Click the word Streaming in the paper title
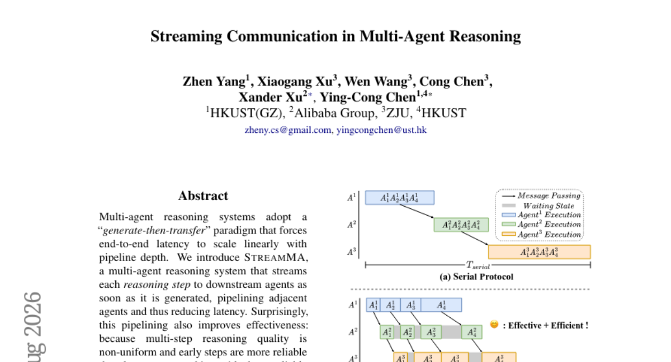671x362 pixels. coord(186,37)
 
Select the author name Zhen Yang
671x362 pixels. coord(214,82)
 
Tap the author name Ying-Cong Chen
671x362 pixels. coord(368,98)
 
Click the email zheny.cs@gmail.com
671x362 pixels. coord(288,130)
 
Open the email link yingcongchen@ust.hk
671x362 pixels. coord(381,130)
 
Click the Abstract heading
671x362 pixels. coord(203,196)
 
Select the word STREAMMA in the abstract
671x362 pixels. coord(275,258)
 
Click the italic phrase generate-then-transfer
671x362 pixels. coord(154,230)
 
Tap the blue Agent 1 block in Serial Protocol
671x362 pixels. coord(400,198)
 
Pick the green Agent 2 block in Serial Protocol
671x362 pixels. coord(461,225)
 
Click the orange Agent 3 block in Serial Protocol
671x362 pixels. coord(540,252)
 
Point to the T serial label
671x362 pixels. coord(478,265)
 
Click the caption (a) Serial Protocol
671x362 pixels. coord(476,277)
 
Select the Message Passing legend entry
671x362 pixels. coord(541,196)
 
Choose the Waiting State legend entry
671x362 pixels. coord(538,206)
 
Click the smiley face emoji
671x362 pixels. coord(494,325)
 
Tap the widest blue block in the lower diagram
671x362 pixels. coord(441,305)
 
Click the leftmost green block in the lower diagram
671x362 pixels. coord(387,332)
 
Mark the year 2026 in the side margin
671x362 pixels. coord(32,314)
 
